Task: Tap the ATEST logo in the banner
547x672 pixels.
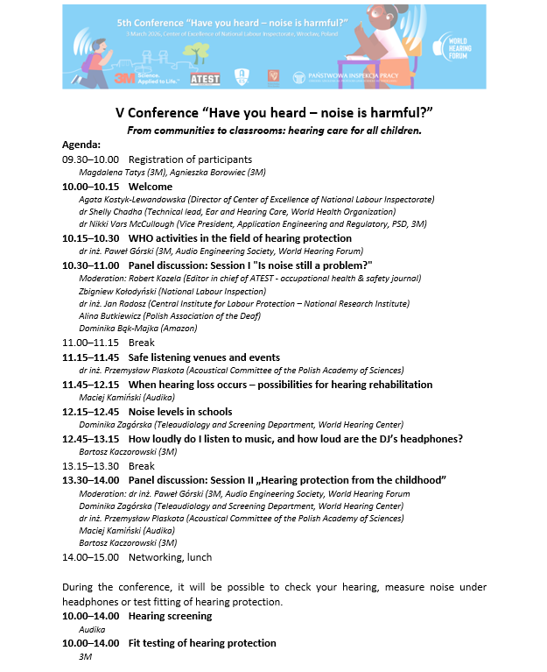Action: click(206, 77)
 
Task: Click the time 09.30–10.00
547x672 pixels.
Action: click(90, 159)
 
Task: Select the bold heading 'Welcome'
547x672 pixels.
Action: click(151, 187)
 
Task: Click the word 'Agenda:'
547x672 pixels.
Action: click(81, 145)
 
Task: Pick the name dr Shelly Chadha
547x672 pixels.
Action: click(109, 212)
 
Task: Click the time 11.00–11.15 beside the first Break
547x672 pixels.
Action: click(90, 343)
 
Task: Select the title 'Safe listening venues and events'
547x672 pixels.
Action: click(204, 357)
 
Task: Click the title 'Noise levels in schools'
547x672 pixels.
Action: click(180, 411)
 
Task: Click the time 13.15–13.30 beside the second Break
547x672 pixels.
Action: click(90, 465)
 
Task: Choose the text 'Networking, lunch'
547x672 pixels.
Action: click(170, 556)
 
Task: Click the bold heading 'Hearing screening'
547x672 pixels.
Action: click(170, 616)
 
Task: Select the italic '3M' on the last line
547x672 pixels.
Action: click(85, 656)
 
